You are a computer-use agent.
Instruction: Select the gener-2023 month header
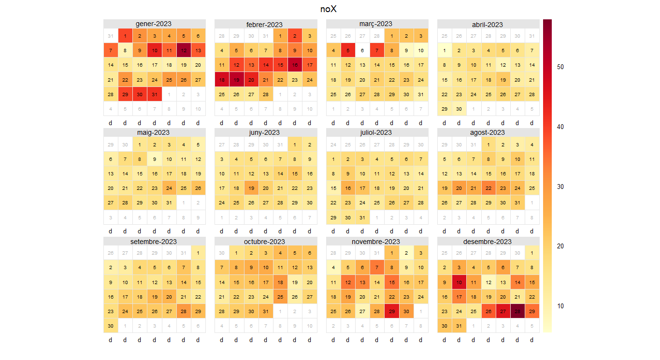tap(154, 24)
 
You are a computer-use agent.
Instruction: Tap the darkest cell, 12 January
tap(184, 50)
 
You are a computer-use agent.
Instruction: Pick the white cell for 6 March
tap(362, 50)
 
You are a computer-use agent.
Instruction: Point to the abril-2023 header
tap(488, 24)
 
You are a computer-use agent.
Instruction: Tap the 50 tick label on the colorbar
tap(560, 67)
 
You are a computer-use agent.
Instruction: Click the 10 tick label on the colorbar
tap(560, 306)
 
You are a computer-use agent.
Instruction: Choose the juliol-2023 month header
tap(377, 132)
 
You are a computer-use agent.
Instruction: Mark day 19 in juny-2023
tap(251, 188)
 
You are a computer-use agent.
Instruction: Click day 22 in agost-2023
tap(488, 188)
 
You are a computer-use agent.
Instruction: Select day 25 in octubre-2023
tap(280, 297)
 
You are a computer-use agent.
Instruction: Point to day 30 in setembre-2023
tap(111, 326)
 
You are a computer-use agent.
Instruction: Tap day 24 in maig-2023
tap(169, 188)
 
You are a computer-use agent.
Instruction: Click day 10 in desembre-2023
tap(459, 282)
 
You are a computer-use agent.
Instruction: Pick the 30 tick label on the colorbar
tap(560, 187)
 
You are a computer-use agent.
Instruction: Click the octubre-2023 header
tap(265, 241)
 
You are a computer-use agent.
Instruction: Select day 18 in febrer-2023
tap(222, 80)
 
